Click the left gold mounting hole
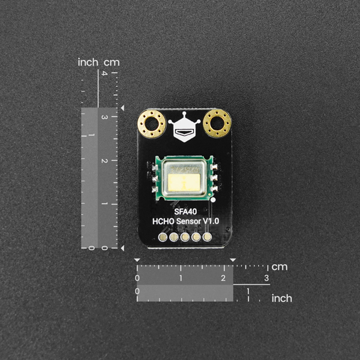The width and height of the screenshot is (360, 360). coord(152,124)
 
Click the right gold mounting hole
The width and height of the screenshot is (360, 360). coord(217,124)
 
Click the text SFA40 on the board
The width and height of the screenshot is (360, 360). coord(185,211)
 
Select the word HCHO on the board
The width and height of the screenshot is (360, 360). coord(163,221)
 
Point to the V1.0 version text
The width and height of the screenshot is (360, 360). coord(211,221)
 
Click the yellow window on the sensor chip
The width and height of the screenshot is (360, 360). coord(184,182)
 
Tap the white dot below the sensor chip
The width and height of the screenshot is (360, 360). coord(213,200)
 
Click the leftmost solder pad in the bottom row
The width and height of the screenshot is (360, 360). coord(163,237)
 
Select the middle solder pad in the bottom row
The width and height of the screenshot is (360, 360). coord(185,237)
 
